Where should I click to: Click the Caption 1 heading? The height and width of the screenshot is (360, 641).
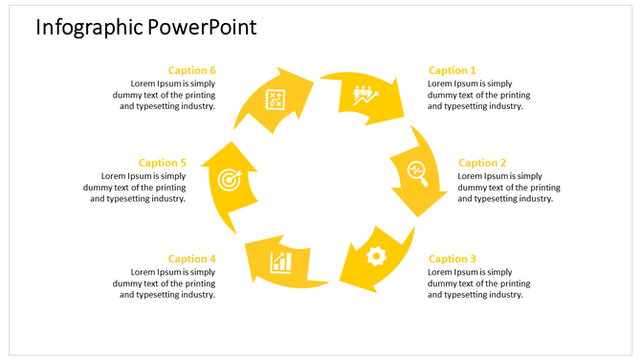point(452,70)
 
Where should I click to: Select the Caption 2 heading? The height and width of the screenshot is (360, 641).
point(482,163)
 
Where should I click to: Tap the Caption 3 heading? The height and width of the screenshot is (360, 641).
point(452,259)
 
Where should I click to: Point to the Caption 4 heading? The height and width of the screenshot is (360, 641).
point(191,259)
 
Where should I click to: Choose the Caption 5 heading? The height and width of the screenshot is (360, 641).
point(162,163)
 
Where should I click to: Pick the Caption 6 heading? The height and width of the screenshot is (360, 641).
point(191,70)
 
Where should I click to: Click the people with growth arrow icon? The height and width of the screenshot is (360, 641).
point(365,95)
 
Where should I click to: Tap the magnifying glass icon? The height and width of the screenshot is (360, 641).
point(417,171)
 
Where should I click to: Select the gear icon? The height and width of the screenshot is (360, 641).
point(376,255)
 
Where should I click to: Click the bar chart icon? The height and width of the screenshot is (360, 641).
point(280,260)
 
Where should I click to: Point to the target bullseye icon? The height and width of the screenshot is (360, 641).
point(229,179)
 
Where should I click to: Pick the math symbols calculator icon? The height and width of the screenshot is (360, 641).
point(276,98)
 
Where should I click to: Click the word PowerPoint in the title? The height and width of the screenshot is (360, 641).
point(202,27)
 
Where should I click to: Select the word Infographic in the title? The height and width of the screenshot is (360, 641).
point(89,27)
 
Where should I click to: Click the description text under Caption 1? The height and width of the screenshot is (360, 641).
point(478,95)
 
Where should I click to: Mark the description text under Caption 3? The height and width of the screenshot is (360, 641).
point(478,283)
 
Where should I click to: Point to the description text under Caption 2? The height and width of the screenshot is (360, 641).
point(509,188)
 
